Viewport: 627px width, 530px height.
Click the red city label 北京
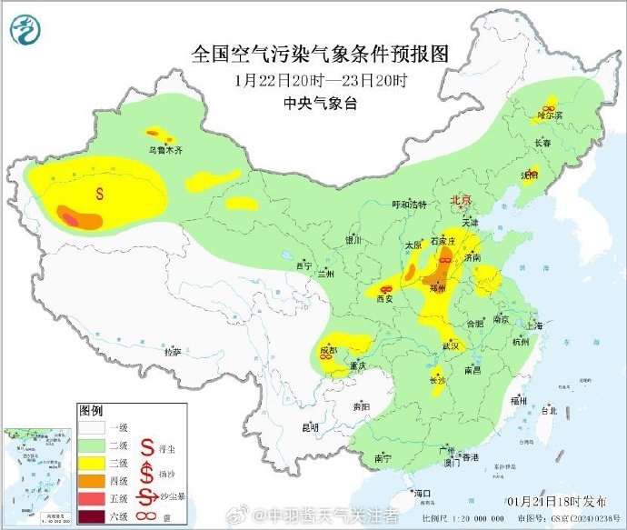[462, 200]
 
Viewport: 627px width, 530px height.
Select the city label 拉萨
[172, 350]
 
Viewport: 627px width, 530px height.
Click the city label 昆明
[311, 426]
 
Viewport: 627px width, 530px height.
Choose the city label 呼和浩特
[408, 205]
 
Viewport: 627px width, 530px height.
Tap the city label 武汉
[453, 346]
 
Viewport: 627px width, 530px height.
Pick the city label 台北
[549, 410]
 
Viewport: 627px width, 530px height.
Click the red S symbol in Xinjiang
[100, 193]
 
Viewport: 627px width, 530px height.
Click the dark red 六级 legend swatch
[91, 518]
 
